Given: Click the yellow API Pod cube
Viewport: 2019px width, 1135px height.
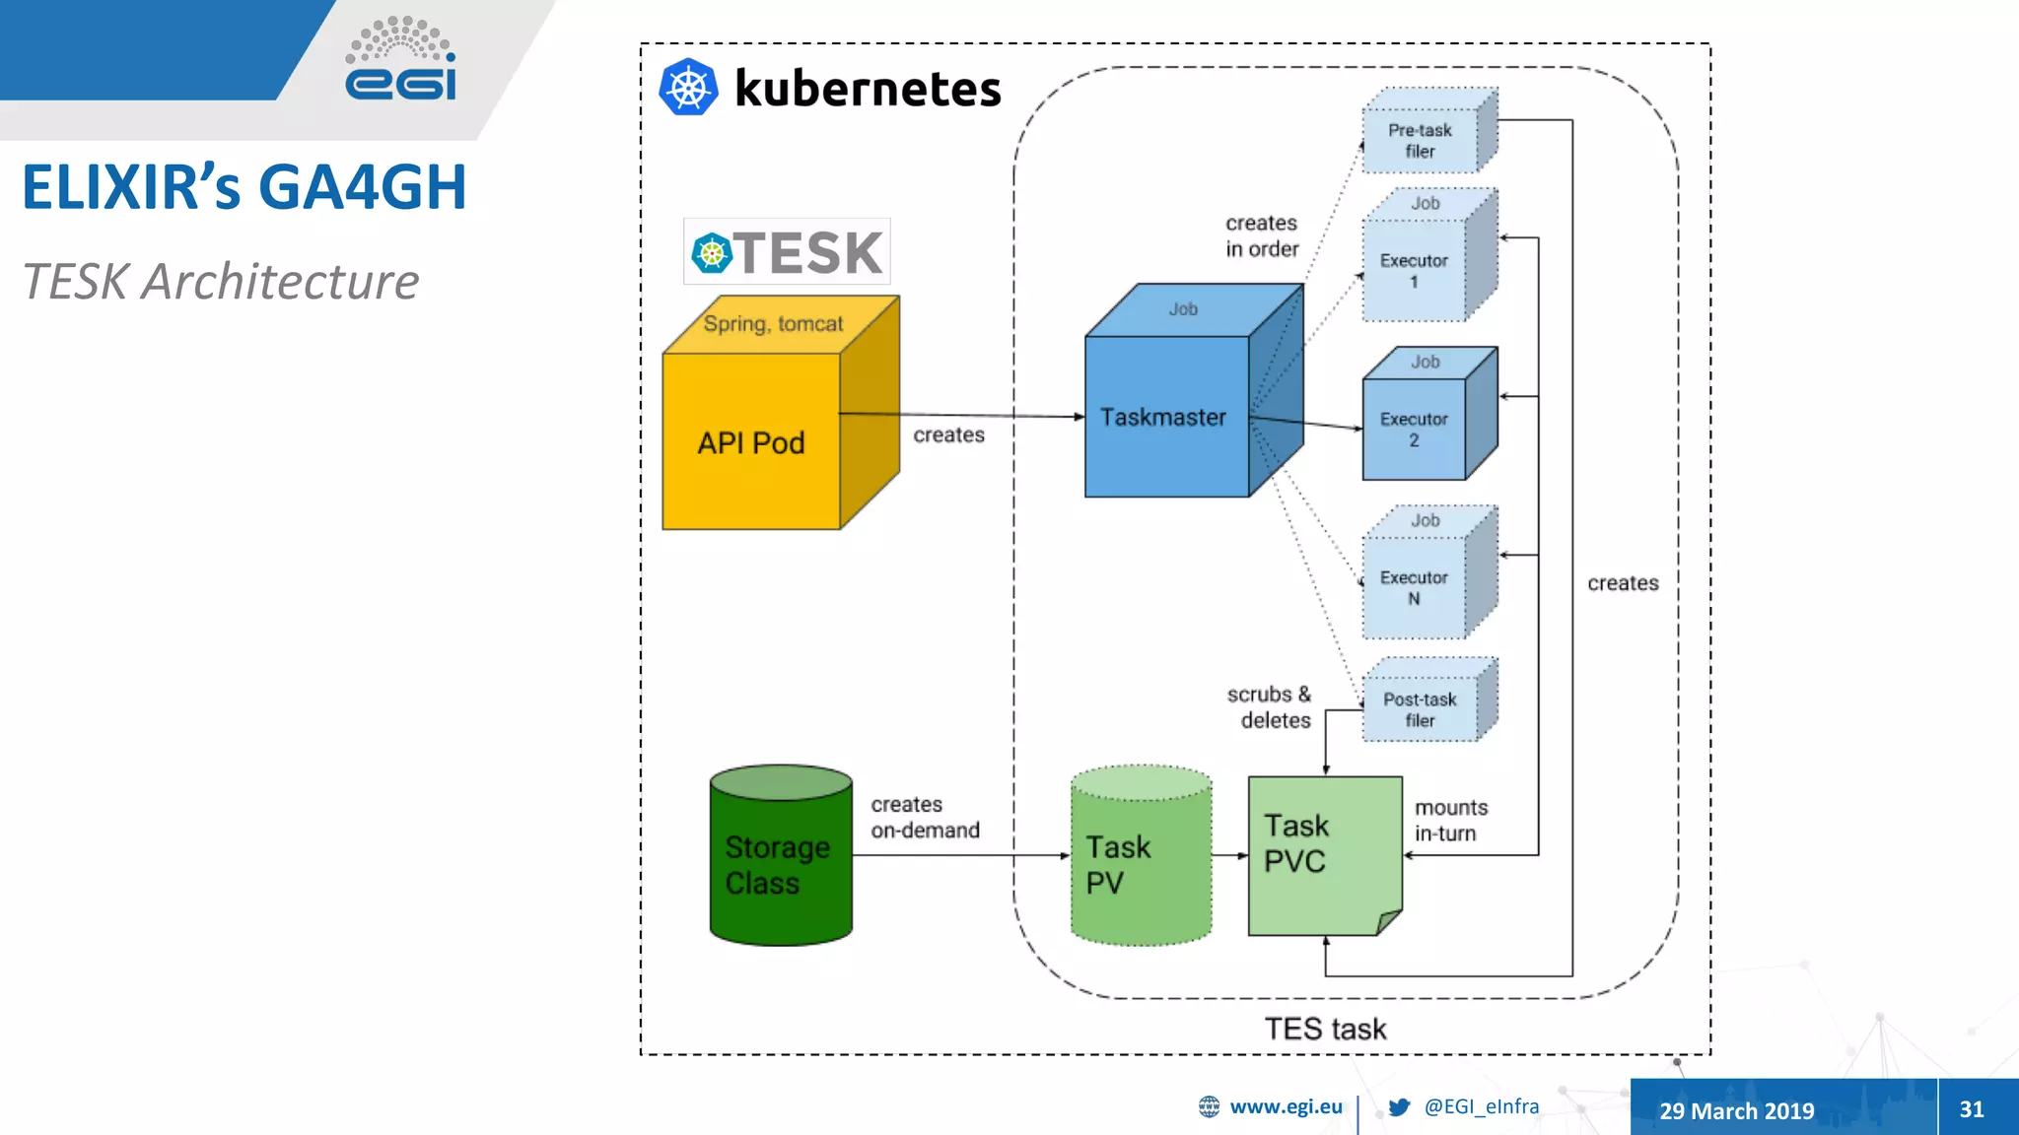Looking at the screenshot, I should [751, 440].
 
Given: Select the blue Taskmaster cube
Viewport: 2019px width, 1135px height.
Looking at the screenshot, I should [1166, 416].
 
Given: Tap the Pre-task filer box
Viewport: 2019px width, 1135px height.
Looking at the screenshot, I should [1420, 140].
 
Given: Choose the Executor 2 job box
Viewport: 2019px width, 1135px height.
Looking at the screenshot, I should [1414, 429].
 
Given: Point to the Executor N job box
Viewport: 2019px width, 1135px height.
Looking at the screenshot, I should [1414, 587].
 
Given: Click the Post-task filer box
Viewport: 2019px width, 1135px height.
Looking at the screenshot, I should [1420, 709].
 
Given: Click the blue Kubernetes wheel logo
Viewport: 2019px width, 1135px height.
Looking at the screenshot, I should [688, 88].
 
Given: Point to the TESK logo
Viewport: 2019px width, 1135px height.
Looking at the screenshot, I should [787, 252].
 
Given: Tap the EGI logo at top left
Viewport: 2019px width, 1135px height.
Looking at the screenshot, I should [400, 61].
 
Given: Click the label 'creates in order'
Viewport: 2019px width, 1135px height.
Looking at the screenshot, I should [1262, 236].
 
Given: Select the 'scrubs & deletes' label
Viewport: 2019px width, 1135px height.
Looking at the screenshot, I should [1270, 707].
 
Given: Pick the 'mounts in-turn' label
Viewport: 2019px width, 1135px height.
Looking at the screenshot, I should [1451, 820].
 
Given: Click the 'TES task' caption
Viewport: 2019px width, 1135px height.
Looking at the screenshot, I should [1325, 1029].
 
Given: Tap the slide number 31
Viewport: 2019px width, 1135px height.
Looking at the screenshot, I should [1972, 1109].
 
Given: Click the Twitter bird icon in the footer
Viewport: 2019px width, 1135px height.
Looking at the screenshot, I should [1399, 1106].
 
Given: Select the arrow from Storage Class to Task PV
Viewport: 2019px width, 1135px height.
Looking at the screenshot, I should [961, 855].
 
